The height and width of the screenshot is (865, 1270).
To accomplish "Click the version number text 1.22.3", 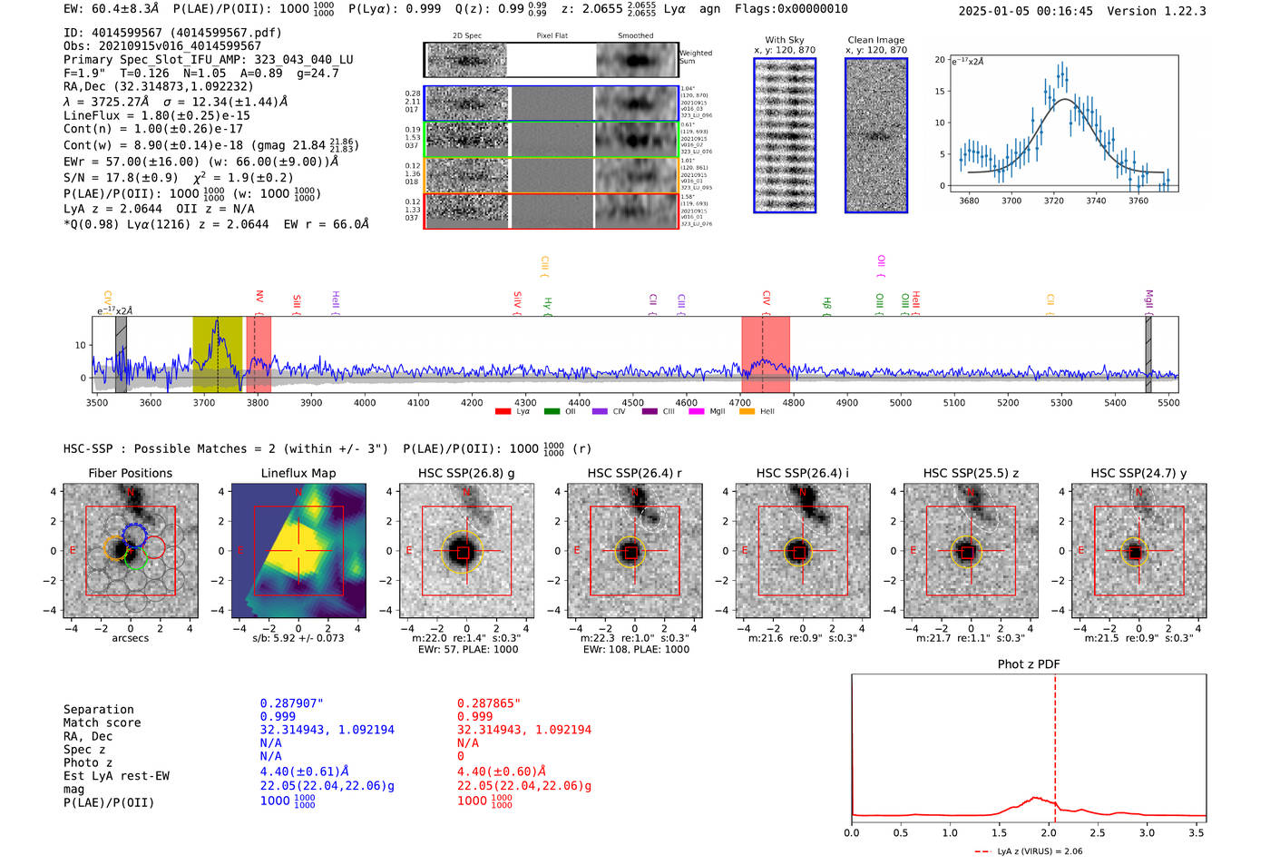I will click(x=1178, y=11).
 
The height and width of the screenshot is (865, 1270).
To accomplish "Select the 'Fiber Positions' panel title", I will click(x=130, y=473).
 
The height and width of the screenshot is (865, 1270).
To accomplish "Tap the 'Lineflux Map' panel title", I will click(x=298, y=473).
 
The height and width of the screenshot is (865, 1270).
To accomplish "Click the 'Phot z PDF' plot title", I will click(x=1029, y=663).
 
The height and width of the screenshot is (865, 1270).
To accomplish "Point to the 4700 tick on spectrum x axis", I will click(x=740, y=402).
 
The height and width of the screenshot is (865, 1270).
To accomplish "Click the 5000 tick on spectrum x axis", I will click(x=901, y=402).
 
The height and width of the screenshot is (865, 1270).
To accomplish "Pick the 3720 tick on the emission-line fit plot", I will click(x=1053, y=201).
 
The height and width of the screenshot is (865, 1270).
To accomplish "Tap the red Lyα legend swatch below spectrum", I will click(x=503, y=412).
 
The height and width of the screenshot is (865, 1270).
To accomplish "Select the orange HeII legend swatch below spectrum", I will click(x=747, y=412).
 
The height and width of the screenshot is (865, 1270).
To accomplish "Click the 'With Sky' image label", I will click(x=785, y=40).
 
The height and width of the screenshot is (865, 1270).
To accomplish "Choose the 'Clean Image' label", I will click(x=875, y=40).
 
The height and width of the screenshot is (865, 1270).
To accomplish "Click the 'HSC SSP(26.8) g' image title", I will click(x=466, y=473).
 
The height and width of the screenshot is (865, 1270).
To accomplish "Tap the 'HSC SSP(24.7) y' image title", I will click(x=1138, y=473).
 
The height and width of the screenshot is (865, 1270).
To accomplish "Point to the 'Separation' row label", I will click(x=98, y=710).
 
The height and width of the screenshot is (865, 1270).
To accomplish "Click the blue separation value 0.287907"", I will click(x=291, y=703).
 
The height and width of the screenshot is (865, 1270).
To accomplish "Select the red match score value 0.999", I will click(x=474, y=716).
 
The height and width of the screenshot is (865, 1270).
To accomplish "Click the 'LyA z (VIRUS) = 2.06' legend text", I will click(x=1040, y=851).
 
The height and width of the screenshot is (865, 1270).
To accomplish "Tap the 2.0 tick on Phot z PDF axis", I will click(x=1048, y=832).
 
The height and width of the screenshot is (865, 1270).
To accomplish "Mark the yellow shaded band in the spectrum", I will click(x=217, y=354).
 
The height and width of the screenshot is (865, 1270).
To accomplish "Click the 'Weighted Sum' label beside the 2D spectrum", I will click(x=696, y=57).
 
